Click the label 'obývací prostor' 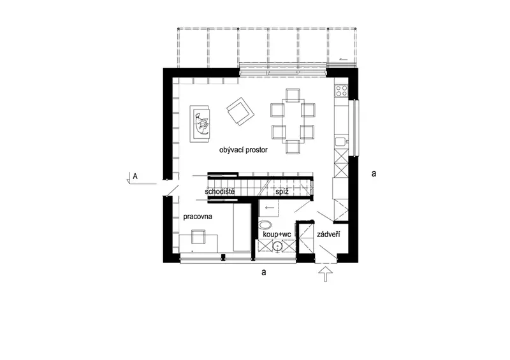[x=244, y=150]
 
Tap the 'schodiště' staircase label [x=219, y=192]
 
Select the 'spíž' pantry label [x=282, y=192]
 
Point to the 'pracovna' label [x=198, y=217]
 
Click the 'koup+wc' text [x=277, y=234]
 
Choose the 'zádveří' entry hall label [x=328, y=234]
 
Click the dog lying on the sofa [x=201, y=123]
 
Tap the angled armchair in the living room [x=240, y=112]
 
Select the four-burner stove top [x=342, y=90]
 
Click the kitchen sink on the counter [x=341, y=142]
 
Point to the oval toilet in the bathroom [x=266, y=225]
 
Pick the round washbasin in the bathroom [x=277, y=246]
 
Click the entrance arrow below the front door [x=326, y=274]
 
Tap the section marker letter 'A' [x=135, y=176]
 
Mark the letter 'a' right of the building [x=374, y=174]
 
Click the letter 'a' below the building [x=264, y=272]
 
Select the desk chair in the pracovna [x=198, y=237]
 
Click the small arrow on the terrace [x=343, y=59]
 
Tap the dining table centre [x=293, y=120]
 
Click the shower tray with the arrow [x=268, y=208]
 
